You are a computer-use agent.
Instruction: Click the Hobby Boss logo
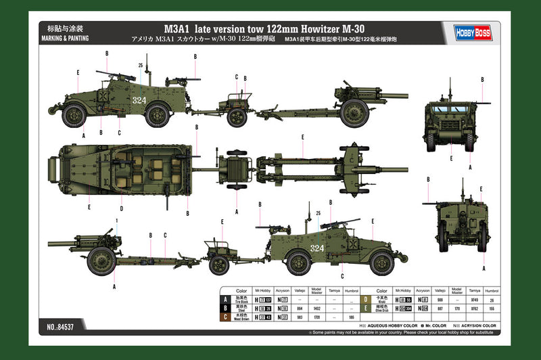tap(467, 30)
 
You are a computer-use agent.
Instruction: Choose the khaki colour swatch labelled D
tap(364, 298)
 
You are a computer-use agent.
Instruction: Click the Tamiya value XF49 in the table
tap(473, 298)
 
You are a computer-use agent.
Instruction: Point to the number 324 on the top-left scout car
tap(139, 100)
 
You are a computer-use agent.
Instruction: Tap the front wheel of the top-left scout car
tap(74, 115)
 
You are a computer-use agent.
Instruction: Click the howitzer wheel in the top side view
tap(353, 114)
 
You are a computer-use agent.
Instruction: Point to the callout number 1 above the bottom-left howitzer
tap(116, 220)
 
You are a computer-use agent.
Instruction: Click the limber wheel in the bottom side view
tap(219, 263)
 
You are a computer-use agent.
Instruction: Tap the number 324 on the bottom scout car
tap(316, 248)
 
